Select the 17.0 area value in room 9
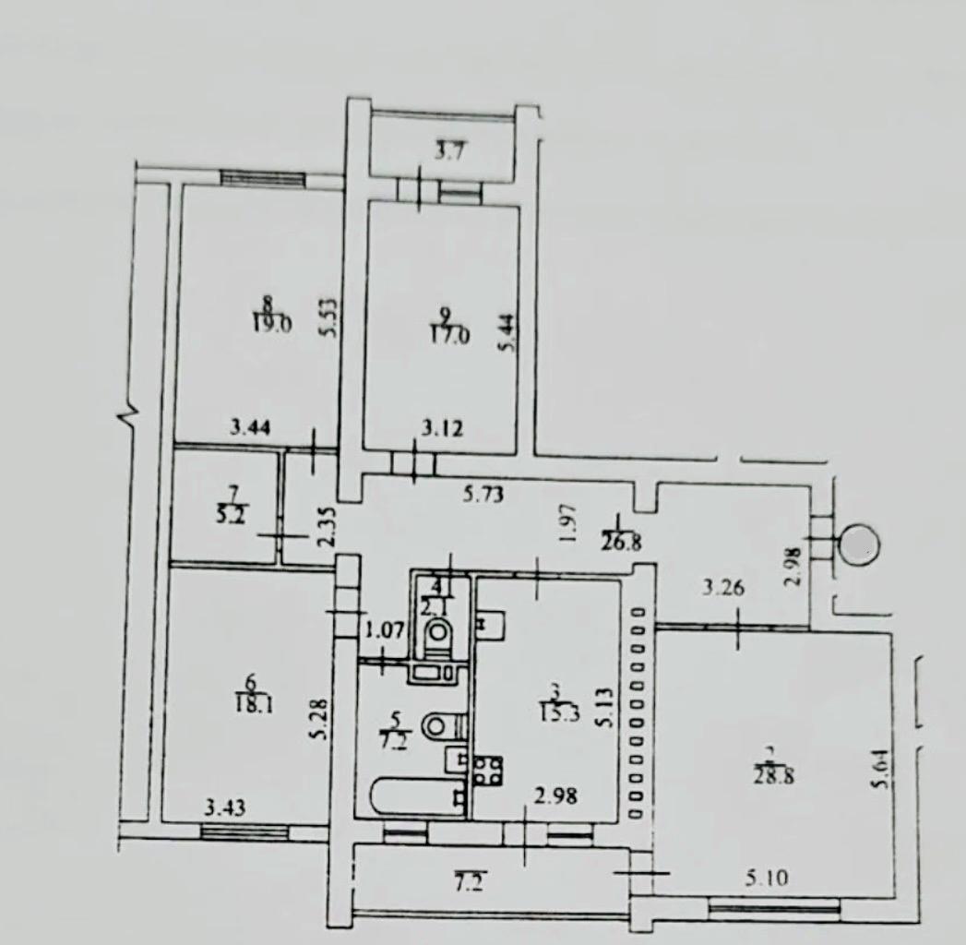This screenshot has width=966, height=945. tap(449, 335)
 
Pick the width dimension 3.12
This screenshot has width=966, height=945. tap(443, 427)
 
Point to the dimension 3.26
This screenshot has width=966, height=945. tap(723, 587)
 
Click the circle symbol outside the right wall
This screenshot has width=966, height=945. tap(860, 544)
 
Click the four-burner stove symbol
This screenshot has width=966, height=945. tap(488, 770)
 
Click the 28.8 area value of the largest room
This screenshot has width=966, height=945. tap(773, 774)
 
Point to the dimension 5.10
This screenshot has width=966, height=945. tap(766, 879)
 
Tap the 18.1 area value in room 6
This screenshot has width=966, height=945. tap(249, 706)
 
